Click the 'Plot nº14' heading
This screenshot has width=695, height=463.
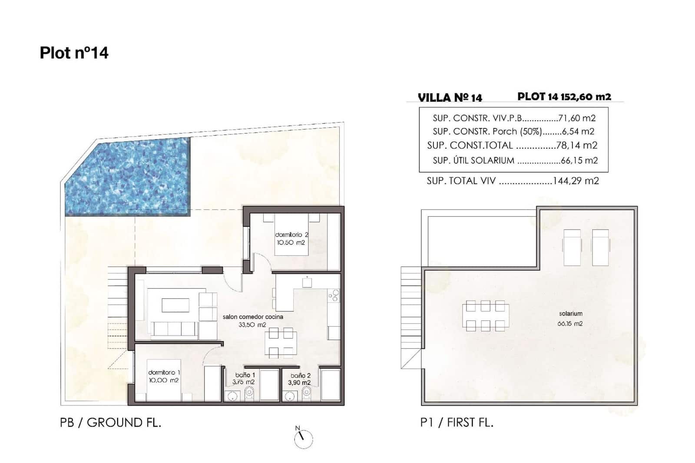74,53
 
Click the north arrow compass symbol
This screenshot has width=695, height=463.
303,439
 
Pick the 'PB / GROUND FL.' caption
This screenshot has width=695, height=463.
110,422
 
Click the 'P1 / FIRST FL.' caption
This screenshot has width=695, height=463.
457,422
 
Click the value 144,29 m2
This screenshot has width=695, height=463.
576,181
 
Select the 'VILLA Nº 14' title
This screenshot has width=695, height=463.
450,97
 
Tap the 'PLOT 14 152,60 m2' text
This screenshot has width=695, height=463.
564,96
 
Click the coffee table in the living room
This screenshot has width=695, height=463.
175,305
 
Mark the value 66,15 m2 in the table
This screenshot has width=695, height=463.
579,160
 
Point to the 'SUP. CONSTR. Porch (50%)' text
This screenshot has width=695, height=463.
486,131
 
